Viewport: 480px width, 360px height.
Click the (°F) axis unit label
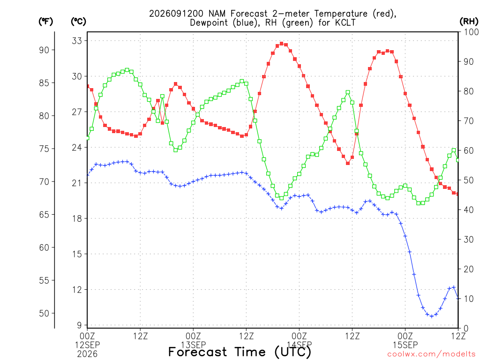tap(45, 22)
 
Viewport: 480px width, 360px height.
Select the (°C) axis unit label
tap(78, 22)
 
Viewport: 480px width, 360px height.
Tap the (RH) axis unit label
tap(469, 22)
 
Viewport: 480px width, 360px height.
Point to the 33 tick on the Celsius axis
tap(77, 41)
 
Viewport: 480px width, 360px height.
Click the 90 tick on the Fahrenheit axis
tap(44, 50)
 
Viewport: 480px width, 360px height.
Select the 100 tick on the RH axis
tap(471, 32)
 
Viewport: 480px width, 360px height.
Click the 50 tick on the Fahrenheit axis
tap(44, 313)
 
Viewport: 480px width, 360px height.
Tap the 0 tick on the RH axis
tap(466, 328)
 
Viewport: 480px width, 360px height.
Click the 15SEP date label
tap(405, 345)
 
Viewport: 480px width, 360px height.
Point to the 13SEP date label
tap(193, 345)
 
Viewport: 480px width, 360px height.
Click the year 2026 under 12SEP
tap(87, 354)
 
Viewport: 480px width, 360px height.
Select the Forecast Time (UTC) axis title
tap(240, 352)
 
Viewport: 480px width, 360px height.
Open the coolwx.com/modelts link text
tap(431, 354)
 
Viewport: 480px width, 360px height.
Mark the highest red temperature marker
tap(282, 44)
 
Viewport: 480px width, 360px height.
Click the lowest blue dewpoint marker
tap(432, 316)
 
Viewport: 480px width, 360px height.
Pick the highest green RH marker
tap(127, 70)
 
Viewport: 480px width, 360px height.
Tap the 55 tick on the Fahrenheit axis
tap(44, 280)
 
